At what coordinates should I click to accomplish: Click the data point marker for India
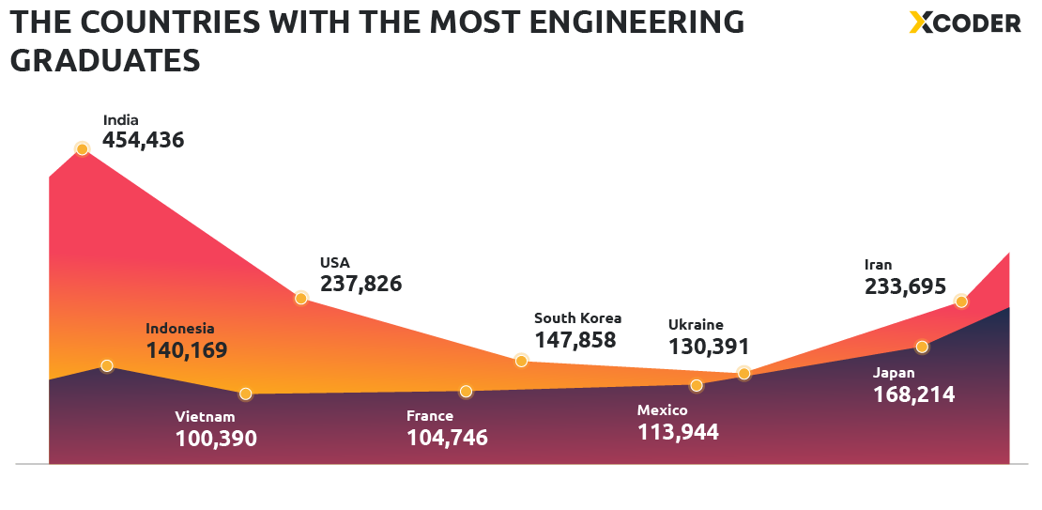click(82, 148)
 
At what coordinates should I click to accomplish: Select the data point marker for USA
click(301, 298)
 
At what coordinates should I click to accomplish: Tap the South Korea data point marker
click(522, 361)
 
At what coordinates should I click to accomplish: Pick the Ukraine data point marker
click(743, 373)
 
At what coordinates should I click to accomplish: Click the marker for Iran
click(960, 301)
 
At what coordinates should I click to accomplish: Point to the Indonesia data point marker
click(107, 365)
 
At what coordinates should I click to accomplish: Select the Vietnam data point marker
click(246, 394)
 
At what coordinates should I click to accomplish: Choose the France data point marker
click(466, 391)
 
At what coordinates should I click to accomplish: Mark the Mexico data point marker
click(697, 385)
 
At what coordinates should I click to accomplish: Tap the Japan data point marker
click(922, 347)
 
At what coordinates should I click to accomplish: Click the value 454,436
click(143, 140)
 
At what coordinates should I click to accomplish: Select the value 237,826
click(360, 283)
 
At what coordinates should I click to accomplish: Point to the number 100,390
click(216, 438)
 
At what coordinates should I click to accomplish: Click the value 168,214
click(913, 394)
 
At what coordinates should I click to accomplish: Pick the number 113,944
click(678, 432)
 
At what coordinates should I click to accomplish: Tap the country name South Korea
click(577, 318)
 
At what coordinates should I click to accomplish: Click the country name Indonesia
click(180, 329)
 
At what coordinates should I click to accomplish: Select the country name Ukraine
click(696, 325)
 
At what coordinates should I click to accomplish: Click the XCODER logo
click(965, 23)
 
